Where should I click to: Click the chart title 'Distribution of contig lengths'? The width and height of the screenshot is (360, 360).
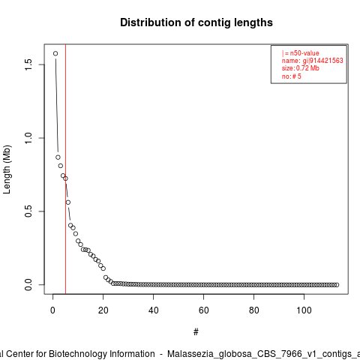(x=196, y=22)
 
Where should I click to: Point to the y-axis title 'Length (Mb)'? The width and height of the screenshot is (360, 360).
(x=7, y=169)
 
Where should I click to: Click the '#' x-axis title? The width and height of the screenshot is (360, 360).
(x=196, y=332)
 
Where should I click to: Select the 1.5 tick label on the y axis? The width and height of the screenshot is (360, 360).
(x=28, y=64)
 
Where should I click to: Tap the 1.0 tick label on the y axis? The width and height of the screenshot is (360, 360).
(x=28, y=138)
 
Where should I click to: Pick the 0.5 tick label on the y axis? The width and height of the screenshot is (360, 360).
(x=28, y=211)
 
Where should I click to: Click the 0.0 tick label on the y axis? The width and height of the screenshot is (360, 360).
(x=28, y=285)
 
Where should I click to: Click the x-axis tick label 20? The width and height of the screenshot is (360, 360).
(x=103, y=310)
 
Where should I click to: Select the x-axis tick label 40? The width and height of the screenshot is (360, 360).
(x=153, y=310)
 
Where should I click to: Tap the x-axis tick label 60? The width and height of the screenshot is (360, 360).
(x=203, y=310)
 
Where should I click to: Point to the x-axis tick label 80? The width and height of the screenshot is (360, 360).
(x=253, y=310)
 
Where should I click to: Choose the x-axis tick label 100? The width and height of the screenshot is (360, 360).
(x=304, y=310)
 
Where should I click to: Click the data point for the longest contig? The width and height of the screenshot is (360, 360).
(x=55, y=53)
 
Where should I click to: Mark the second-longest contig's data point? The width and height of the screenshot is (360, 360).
(x=58, y=157)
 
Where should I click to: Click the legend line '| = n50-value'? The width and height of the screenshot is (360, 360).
(x=301, y=53)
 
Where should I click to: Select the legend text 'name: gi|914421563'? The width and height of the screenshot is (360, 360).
(x=313, y=61)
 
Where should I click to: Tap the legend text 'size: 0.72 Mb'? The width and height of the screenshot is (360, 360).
(x=301, y=68)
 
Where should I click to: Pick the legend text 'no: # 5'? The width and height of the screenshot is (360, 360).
(x=292, y=76)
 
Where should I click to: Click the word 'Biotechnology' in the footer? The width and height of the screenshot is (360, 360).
(x=101, y=354)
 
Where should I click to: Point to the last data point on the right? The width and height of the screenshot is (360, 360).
(x=337, y=285)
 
